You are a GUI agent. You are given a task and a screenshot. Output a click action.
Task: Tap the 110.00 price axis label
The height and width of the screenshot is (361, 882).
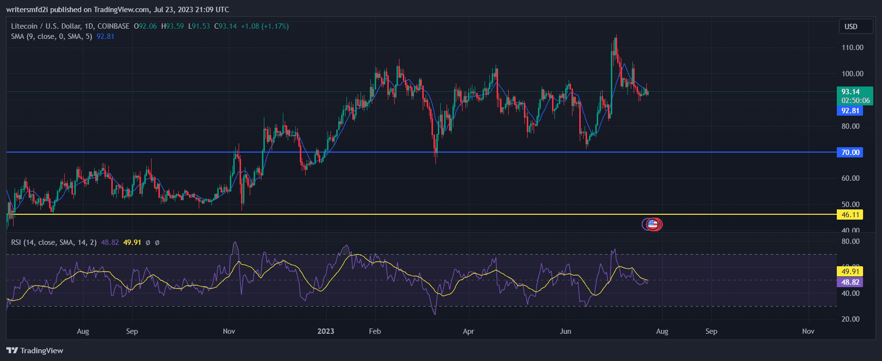click(x=852, y=48)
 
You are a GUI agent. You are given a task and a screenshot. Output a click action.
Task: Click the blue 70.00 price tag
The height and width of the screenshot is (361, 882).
click(x=850, y=153)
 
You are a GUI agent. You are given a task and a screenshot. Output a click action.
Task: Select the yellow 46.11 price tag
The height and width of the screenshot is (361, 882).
click(x=850, y=215)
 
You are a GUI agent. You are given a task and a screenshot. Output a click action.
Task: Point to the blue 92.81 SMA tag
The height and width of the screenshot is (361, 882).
click(x=850, y=111)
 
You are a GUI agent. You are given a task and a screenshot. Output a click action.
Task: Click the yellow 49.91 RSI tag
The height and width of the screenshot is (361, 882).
click(x=850, y=272)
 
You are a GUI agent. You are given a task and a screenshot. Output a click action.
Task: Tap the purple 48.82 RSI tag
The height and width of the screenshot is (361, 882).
click(x=850, y=282)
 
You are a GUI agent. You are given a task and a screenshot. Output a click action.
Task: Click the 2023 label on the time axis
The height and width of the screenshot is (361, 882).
click(x=326, y=331)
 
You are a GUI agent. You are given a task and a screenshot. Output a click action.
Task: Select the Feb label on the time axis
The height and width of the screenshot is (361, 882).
click(x=375, y=331)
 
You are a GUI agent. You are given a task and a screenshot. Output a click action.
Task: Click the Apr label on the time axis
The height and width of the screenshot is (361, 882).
click(x=468, y=331)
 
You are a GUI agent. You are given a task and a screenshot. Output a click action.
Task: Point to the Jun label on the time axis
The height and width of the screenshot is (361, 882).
click(x=565, y=331)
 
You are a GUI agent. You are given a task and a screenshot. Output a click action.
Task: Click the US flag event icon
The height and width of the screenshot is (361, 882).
click(x=653, y=224)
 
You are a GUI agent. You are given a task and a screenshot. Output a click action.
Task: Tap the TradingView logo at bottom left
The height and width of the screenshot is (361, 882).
click(x=35, y=350)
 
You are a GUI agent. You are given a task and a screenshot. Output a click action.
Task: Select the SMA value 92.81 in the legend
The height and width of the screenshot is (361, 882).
click(x=105, y=36)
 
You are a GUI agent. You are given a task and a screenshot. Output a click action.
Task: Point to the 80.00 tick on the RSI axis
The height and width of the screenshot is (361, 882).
click(x=850, y=241)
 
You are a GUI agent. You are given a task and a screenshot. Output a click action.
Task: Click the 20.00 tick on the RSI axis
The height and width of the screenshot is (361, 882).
click(x=850, y=319)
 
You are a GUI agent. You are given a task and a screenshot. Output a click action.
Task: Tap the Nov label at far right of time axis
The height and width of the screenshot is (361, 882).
click(x=808, y=331)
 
